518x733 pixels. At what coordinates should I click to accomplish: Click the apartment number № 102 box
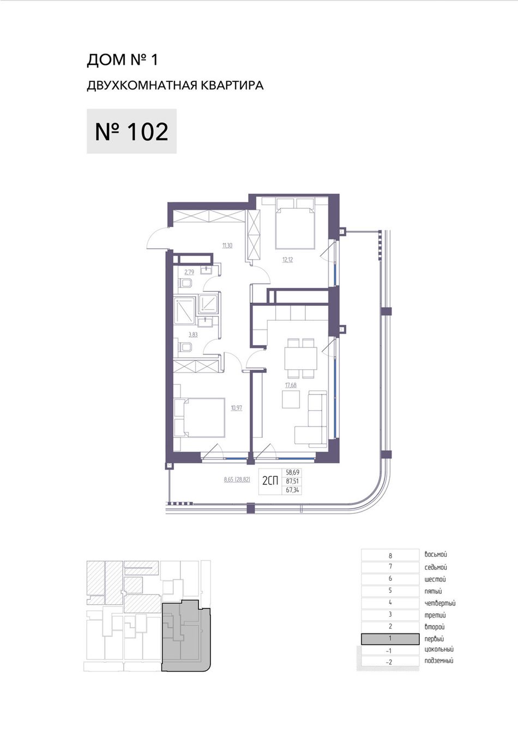pyautogui.click(x=131, y=131)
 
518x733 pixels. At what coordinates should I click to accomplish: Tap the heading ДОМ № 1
pyautogui.click(x=122, y=59)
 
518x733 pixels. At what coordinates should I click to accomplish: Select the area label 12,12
pyautogui.click(x=288, y=260)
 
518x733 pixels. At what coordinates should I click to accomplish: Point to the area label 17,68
pyautogui.click(x=291, y=385)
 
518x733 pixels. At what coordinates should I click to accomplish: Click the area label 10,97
pyautogui.click(x=237, y=408)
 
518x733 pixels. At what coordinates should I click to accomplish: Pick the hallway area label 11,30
pyautogui.click(x=227, y=245)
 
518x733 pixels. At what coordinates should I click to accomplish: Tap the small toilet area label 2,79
pyautogui.click(x=189, y=272)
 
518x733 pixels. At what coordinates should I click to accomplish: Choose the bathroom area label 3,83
pyautogui.click(x=193, y=335)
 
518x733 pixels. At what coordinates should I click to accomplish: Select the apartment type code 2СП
pyautogui.click(x=270, y=481)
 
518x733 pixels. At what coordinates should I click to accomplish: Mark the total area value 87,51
pyautogui.click(x=292, y=482)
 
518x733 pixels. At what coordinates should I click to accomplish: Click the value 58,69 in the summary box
pyautogui.click(x=292, y=472)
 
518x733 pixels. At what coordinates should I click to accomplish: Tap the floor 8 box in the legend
pyautogui.click(x=390, y=555)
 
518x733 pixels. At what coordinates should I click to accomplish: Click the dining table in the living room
pyautogui.click(x=301, y=358)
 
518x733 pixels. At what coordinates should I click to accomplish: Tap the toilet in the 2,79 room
pyautogui.click(x=185, y=284)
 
